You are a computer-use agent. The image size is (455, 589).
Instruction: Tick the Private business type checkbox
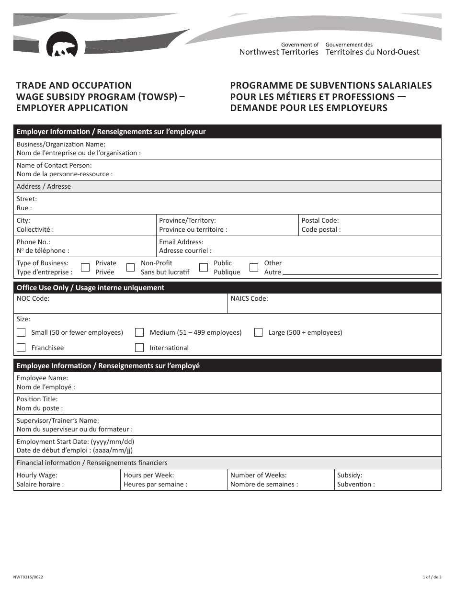85,268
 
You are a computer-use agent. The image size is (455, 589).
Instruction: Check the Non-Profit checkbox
130,268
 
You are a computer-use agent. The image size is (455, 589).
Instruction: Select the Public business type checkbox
204,268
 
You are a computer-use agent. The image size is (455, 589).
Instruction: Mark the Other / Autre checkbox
254,268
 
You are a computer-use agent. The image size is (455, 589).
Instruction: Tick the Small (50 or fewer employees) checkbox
21,332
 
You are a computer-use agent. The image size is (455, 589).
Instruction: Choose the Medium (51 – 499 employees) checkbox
139,332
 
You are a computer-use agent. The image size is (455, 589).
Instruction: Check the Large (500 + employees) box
258,332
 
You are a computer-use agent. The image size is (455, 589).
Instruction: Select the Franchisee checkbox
21,348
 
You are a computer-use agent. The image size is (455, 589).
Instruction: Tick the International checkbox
139,348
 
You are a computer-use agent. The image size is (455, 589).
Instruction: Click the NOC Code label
33,298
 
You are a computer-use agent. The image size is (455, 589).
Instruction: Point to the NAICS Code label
249,298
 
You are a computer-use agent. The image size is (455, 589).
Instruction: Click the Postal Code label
320,221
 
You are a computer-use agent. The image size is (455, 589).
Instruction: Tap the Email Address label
181,242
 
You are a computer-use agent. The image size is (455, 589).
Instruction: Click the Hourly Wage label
37,476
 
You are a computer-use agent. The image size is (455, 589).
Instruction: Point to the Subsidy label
350,476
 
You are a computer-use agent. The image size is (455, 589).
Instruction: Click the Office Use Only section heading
91,288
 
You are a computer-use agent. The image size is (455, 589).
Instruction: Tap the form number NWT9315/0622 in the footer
25,578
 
